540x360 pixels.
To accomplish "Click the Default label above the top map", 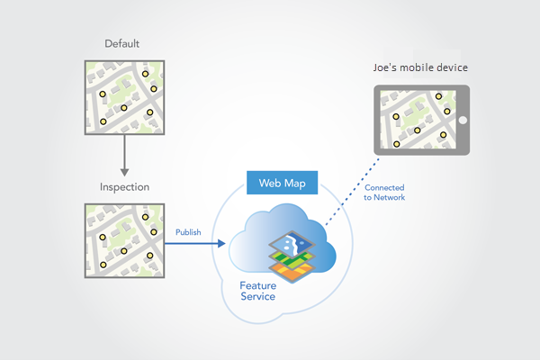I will (x=122, y=43).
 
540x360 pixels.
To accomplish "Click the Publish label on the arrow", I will (x=188, y=231).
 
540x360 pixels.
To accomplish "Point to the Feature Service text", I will (x=257, y=291).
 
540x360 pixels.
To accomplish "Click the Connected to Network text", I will (x=384, y=192).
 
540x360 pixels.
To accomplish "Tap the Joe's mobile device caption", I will (x=420, y=68).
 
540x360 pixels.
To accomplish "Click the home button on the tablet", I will (x=463, y=120).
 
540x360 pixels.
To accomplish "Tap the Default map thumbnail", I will (x=122, y=97).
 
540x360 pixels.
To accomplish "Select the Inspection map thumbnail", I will (x=122, y=240).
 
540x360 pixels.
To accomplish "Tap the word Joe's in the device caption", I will (x=387, y=68).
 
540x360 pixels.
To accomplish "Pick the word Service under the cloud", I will (x=256, y=297).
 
